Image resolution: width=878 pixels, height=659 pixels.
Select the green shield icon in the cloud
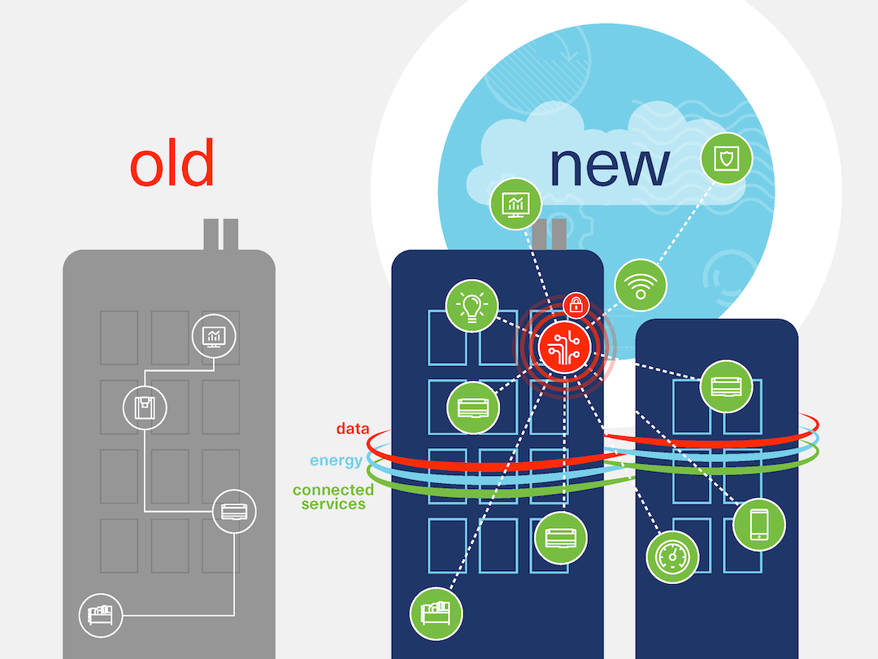point(726,158)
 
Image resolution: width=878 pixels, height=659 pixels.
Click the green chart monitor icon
point(516,203)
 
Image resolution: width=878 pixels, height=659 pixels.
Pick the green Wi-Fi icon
point(641,285)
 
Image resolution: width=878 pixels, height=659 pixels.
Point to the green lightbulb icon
point(472,307)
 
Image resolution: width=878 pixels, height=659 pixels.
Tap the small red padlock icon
point(576,305)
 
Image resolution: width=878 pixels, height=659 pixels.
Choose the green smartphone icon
point(758,524)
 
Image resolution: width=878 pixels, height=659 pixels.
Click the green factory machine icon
point(436,610)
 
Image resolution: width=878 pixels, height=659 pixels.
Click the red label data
point(353,429)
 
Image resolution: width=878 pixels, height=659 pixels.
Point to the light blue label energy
point(336,460)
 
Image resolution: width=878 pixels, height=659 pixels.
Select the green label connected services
point(333,496)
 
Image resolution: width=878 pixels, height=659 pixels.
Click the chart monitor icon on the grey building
point(215,335)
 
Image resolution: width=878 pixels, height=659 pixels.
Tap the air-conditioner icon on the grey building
point(233,512)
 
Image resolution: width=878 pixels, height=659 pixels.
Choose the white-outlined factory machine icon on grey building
point(101,614)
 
